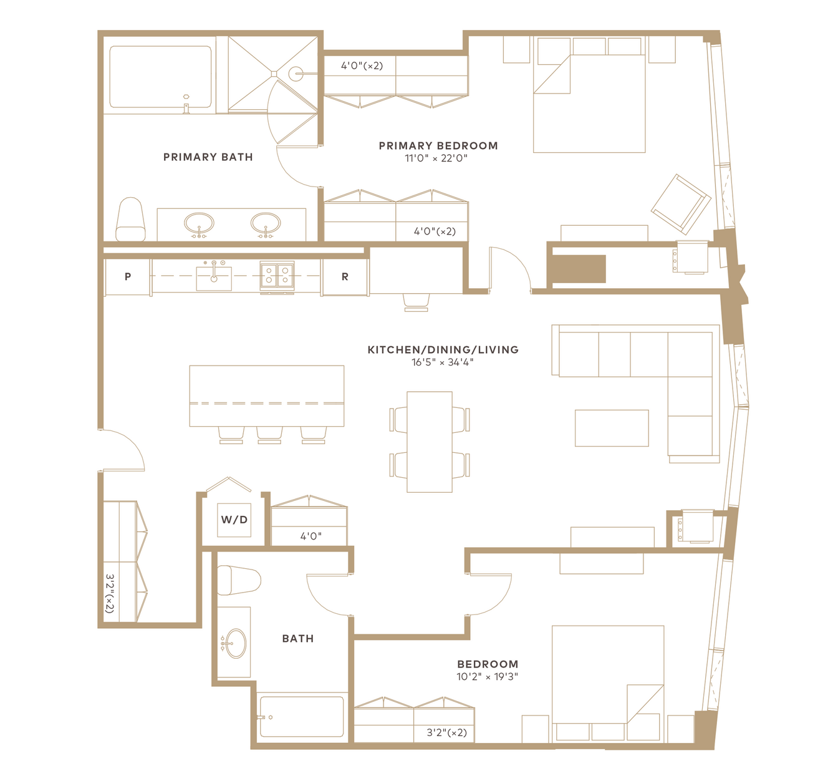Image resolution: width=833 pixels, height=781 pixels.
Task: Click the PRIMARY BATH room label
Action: pyautogui.click(x=208, y=157)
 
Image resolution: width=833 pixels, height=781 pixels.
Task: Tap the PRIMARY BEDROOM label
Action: pyautogui.click(x=438, y=145)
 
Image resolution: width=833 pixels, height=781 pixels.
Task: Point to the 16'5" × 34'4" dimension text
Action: pyautogui.click(x=443, y=362)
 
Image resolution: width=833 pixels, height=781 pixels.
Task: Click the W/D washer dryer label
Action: pyautogui.click(x=234, y=520)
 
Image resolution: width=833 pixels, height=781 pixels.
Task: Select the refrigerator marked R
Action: pyautogui.click(x=345, y=277)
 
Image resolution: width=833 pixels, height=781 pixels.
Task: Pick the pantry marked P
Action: pyautogui.click(x=128, y=277)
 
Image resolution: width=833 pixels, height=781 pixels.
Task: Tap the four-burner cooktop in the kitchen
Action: pyautogui.click(x=277, y=274)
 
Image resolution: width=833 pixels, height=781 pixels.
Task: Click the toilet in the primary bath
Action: pyautogui.click(x=130, y=219)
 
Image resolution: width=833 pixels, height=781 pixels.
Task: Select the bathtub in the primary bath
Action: pyautogui.click(x=160, y=77)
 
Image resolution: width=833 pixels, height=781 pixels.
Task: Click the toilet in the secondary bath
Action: pyautogui.click(x=239, y=580)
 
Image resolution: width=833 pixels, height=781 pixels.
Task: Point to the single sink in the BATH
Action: pyautogui.click(x=236, y=643)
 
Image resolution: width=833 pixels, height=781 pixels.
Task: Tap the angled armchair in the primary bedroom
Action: pyautogui.click(x=681, y=205)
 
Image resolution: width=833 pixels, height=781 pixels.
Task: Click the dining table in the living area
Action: pyautogui.click(x=430, y=442)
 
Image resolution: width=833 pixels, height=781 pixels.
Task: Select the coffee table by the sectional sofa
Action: pyautogui.click(x=612, y=428)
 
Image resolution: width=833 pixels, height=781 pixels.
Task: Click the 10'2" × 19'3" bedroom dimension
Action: pyautogui.click(x=488, y=676)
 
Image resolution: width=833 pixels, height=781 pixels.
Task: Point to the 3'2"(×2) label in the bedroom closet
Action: pyautogui.click(x=446, y=733)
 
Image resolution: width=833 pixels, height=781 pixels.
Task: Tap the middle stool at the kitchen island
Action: pyautogui.click(x=270, y=435)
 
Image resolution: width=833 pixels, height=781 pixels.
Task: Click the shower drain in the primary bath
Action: pyautogui.click(x=274, y=74)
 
